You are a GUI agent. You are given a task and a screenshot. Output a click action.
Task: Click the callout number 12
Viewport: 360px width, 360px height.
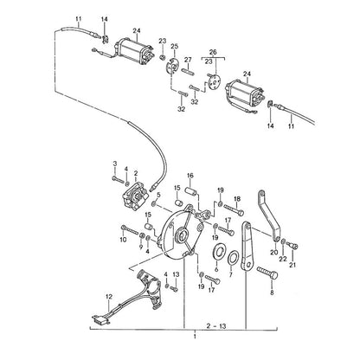click(x=109, y=296)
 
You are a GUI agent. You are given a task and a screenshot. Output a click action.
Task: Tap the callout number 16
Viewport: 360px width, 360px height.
click(x=190, y=176)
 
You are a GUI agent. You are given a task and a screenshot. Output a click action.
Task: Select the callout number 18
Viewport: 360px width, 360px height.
click(x=237, y=199)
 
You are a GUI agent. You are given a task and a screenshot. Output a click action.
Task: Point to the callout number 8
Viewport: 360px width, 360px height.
click(x=272, y=292)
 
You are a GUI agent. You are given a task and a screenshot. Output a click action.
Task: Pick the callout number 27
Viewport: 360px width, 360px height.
click(x=188, y=60)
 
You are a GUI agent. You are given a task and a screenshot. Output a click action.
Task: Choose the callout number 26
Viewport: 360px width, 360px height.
click(x=213, y=52)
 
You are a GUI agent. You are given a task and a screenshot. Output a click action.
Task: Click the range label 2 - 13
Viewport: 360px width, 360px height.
click(x=216, y=326)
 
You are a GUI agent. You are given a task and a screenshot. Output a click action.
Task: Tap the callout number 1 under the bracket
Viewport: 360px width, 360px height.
click(x=195, y=337)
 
